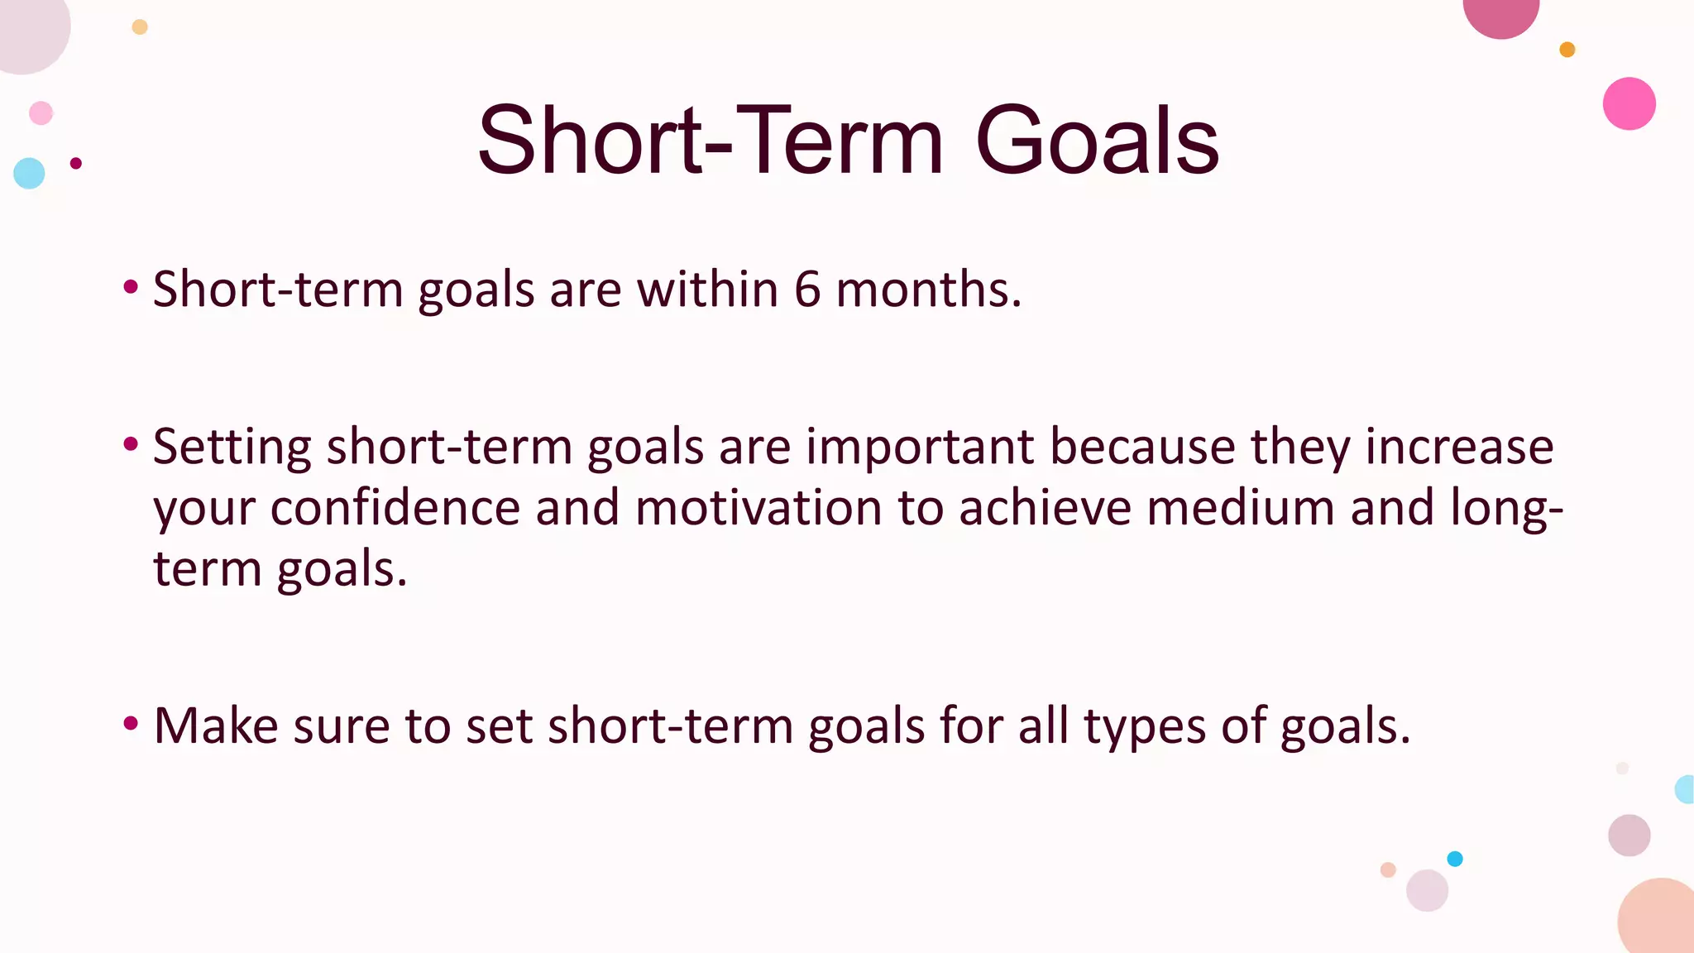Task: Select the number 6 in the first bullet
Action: [x=806, y=290]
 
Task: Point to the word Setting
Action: [x=232, y=448]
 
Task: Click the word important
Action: [x=919, y=448]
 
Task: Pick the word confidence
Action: [x=395, y=507]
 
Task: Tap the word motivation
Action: [x=758, y=507]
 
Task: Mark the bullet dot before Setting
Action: [x=130, y=445]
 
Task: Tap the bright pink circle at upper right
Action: [x=1629, y=103]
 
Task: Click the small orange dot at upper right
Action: [x=1567, y=50]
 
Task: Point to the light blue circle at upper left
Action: [x=29, y=173]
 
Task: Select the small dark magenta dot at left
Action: [x=76, y=163]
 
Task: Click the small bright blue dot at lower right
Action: [x=1455, y=859]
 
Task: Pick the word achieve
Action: [x=1045, y=507]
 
